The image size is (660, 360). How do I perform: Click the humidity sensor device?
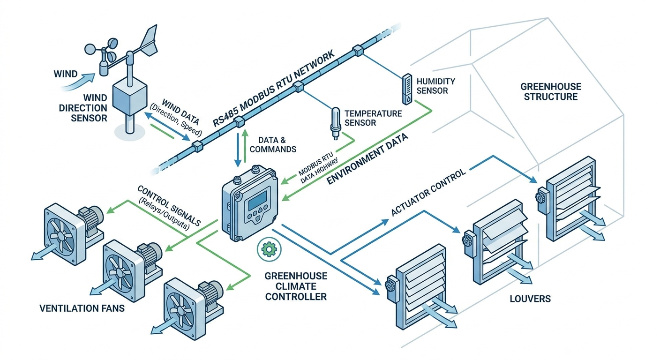point(406,89)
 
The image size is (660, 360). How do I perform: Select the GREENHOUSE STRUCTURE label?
point(551,91)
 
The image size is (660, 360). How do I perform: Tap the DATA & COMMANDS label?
point(273,145)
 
